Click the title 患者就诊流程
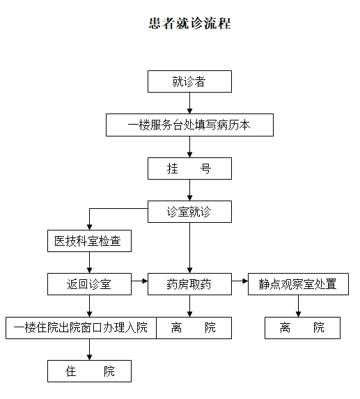(189, 24)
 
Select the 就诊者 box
(189, 81)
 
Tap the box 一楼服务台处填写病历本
(189, 125)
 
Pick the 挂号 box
(189, 169)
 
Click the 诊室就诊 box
(189, 212)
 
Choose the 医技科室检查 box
(88, 241)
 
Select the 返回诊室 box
(88, 284)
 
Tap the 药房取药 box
(189, 284)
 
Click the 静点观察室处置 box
(298, 284)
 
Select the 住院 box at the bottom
(89, 371)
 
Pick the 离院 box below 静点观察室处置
(302, 327)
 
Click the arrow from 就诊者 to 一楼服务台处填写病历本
(189, 103)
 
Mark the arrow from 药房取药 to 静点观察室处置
(240, 282)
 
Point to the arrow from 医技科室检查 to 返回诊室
(89, 263)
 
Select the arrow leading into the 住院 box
(89, 349)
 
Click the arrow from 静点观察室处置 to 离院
(299, 306)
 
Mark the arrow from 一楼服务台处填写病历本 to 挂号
(189, 147)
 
